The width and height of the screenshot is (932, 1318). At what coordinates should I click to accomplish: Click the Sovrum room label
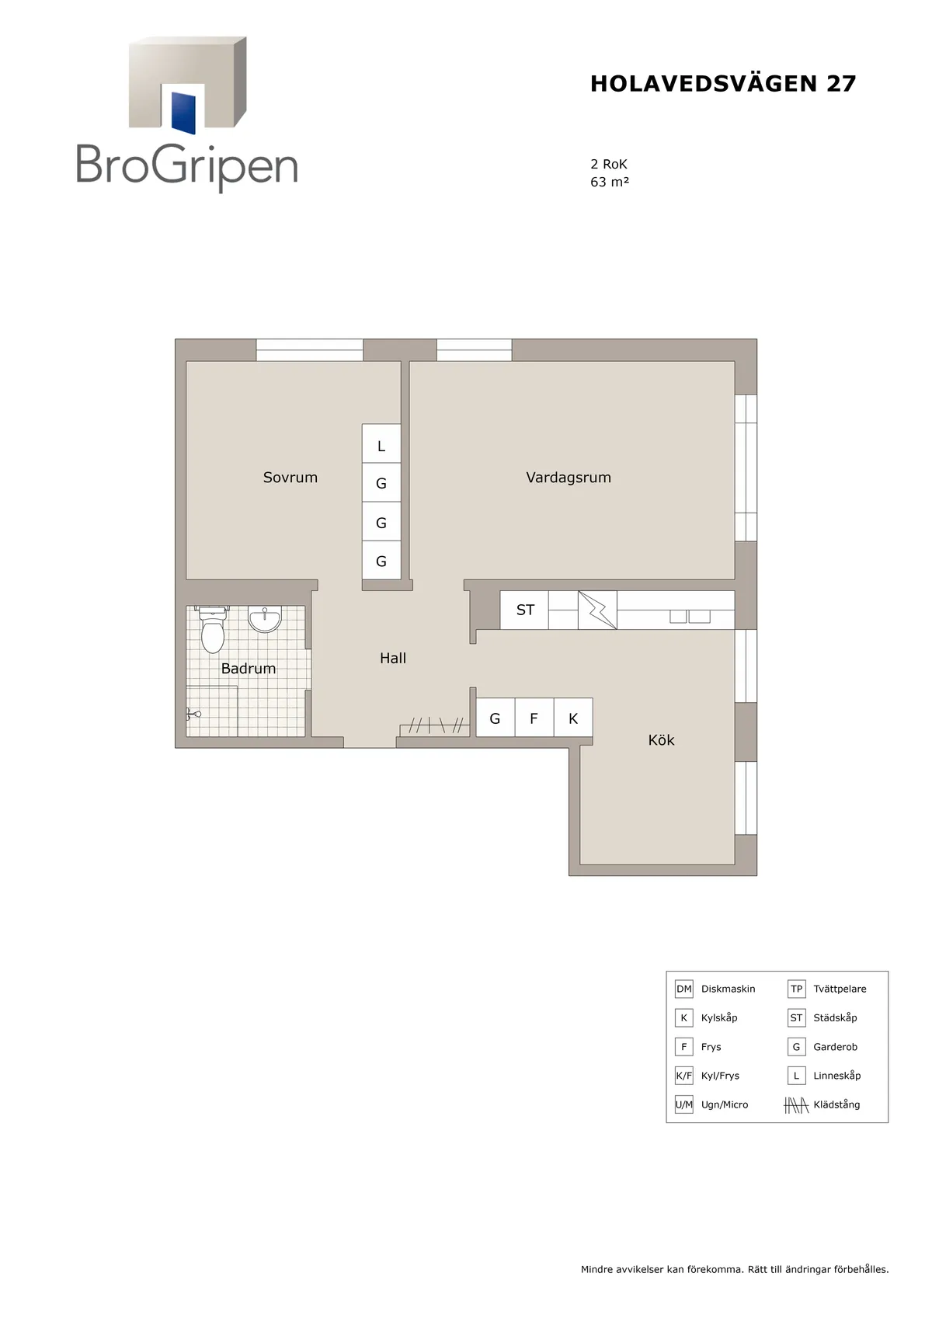tap(290, 477)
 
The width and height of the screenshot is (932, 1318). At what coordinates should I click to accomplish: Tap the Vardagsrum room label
tap(569, 477)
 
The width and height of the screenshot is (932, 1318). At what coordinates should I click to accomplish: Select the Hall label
tap(393, 658)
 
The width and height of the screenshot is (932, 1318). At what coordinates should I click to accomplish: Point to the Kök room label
tap(662, 739)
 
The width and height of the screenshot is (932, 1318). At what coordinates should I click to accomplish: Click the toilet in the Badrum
tap(212, 630)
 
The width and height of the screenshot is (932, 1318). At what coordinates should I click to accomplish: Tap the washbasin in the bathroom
tap(265, 620)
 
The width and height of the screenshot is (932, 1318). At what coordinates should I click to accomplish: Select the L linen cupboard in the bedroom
tap(381, 443)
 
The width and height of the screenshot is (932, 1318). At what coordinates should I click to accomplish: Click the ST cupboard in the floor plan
tap(524, 610)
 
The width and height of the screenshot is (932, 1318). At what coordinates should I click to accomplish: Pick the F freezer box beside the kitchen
tap(534, 718)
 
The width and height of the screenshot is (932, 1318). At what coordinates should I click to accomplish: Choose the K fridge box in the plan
tap(573, 718)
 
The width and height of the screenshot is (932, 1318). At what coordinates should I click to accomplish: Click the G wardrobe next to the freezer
tap(496, 718)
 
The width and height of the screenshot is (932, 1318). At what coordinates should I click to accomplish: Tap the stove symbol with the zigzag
tap(598, 610)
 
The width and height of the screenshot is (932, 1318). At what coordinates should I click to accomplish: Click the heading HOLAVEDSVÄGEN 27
tap(723, 84)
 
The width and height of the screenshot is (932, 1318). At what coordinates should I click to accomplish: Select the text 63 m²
tap(610, 182)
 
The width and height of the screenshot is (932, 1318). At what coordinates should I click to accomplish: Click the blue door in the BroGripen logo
tap(183, 113)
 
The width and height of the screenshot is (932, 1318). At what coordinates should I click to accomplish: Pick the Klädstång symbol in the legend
tap(796, 1106)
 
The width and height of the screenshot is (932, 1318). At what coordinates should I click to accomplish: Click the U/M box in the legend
tap(683, 1105)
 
